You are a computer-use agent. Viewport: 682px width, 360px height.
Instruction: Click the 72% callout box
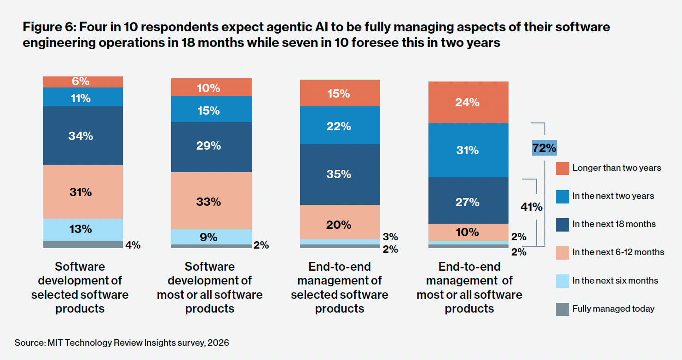pos(544,148)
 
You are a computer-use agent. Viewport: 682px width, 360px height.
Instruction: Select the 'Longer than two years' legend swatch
pos(562,168)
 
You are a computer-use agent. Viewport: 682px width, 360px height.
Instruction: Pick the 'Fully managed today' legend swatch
pos(562,309)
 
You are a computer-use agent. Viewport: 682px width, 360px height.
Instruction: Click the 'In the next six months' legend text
pos(615,281)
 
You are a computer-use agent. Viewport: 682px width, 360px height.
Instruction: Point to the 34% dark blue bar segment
pos(83,136)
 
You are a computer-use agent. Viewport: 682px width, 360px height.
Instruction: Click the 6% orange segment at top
pos(83,81)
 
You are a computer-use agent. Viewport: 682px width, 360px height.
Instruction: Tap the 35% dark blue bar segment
pos(340,174)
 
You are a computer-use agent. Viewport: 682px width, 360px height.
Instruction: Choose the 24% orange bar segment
pos(468,102)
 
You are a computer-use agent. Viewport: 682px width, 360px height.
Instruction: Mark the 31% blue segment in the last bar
pos(468,150)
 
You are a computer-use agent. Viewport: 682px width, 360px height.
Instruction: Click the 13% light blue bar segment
pos(83,229)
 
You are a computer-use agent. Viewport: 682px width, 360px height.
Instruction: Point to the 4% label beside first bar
pos(133,245)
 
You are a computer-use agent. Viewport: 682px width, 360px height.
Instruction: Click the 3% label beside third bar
pos(390,237)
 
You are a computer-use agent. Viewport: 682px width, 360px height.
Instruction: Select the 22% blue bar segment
pos(340,125)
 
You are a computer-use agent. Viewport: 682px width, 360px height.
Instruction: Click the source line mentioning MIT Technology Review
pos(121,343)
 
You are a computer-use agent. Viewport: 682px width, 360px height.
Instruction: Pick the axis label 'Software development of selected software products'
pos(80,287)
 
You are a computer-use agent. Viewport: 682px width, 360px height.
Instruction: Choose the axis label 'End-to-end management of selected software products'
pos(340,287)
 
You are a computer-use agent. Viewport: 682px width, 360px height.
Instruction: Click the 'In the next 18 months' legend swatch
pos(562,224)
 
